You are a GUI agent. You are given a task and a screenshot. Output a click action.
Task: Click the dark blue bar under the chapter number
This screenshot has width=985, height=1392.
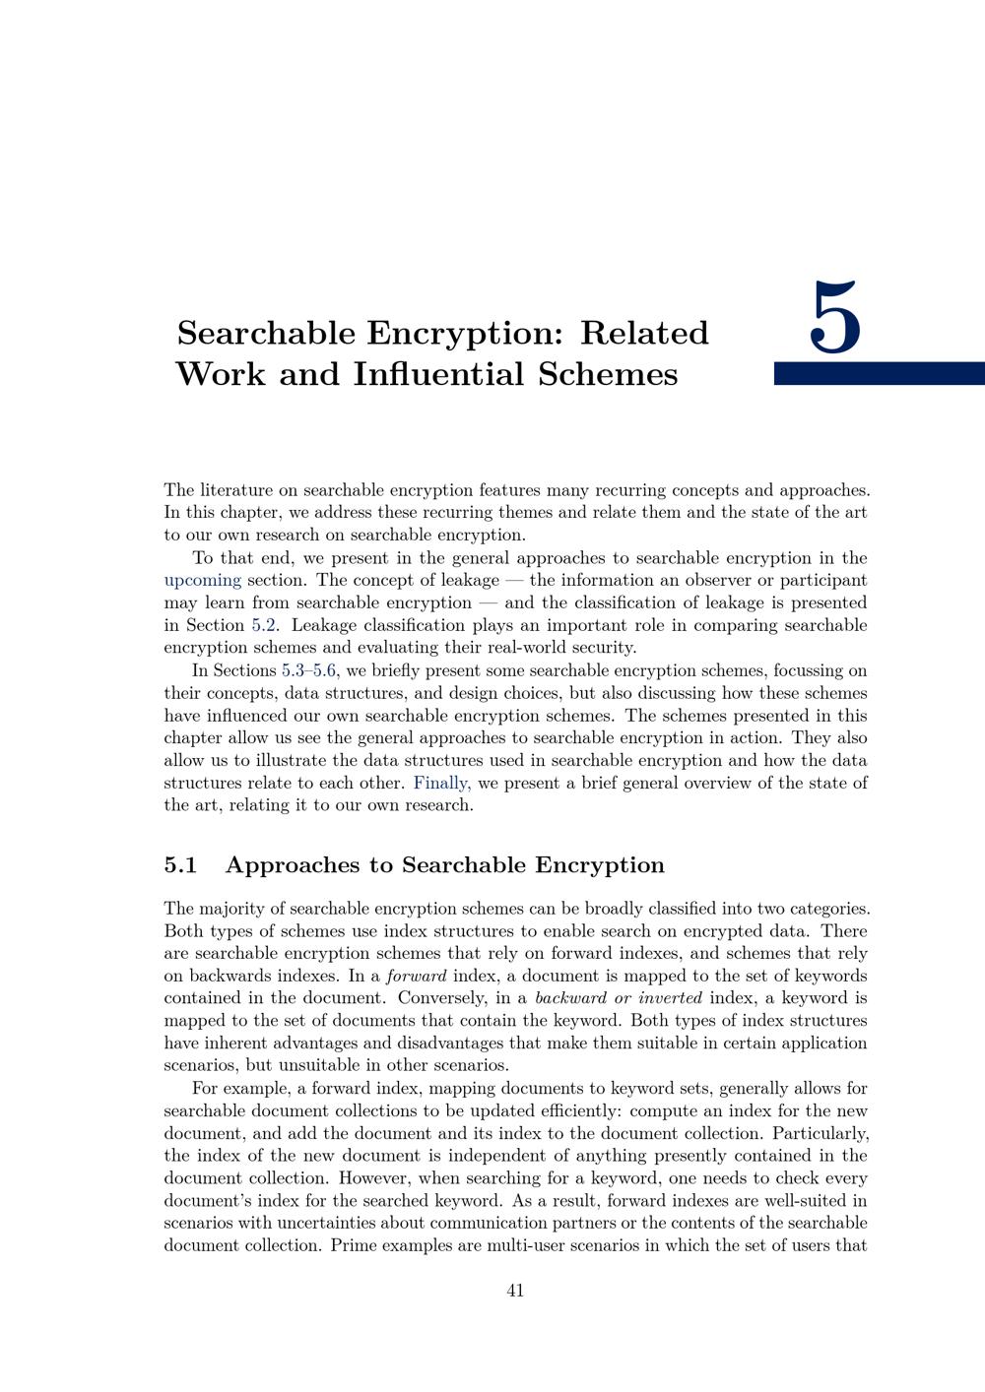click(879, 373)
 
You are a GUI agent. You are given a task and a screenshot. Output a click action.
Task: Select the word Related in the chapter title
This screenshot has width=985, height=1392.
click(644, 333)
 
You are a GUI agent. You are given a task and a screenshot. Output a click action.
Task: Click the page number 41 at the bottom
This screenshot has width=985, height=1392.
click(515, 1290)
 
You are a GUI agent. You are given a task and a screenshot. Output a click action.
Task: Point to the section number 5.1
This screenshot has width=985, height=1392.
click(181, 865)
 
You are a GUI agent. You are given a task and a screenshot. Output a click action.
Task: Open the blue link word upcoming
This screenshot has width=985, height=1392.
click(202, 580)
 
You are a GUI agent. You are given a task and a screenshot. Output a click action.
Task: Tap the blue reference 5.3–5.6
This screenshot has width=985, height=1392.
click(309, 670)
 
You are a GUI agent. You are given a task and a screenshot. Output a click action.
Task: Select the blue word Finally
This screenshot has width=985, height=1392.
click(441, 783)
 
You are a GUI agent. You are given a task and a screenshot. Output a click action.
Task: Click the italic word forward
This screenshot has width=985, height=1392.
click(416, 976)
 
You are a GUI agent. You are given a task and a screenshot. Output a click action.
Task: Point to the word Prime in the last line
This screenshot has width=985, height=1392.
click(353, 1245)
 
